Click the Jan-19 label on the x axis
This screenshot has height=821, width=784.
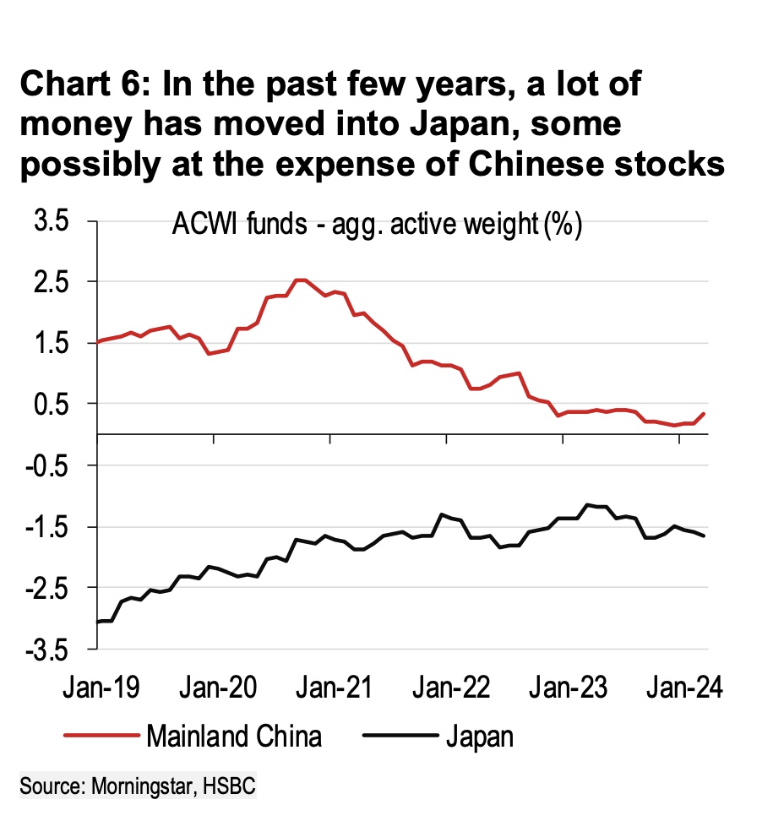click(100, 689)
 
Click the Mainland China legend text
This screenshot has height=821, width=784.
click(234, 735)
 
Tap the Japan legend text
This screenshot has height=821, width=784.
click(478, 735)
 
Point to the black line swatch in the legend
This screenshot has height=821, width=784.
click(398, 735)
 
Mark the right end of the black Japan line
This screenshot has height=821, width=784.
click(704, 536)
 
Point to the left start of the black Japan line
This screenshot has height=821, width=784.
click(98, 622)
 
